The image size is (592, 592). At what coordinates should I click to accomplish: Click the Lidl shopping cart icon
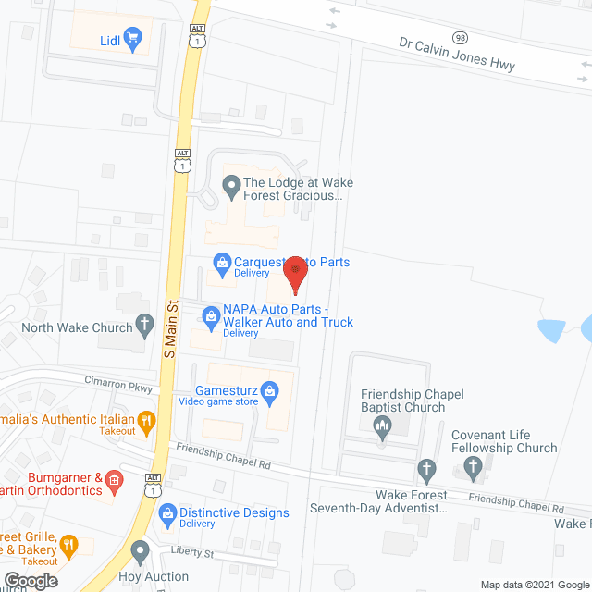pyautogui.click(x=132, y=39)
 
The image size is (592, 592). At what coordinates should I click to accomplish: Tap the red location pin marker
pyautogui.click(x=295, y=273)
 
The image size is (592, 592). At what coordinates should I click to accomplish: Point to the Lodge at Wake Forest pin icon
pyautogui.click(x=230, y=189)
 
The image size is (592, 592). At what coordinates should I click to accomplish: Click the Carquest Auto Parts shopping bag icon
pyautogui.click(x=222, y=263)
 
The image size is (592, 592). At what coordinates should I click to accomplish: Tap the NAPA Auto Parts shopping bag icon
pyautogui.click(x=212, y=316)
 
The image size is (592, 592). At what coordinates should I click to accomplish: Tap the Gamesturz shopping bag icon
pyautogui.click(x=269, y=391)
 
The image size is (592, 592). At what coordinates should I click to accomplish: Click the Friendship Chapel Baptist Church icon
pyautogui.click(x=381, y=426)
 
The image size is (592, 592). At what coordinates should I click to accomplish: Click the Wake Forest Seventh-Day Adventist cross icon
pyautogui.click(x=425, y=470)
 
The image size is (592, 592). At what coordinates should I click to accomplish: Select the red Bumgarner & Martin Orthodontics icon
pyautogui.click(x=114, y=480)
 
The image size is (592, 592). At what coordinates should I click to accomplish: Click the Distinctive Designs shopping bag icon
pyautogui.click(x=167, y=512)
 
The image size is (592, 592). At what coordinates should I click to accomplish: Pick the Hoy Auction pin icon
pyautogui.click(x=140, y=553)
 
